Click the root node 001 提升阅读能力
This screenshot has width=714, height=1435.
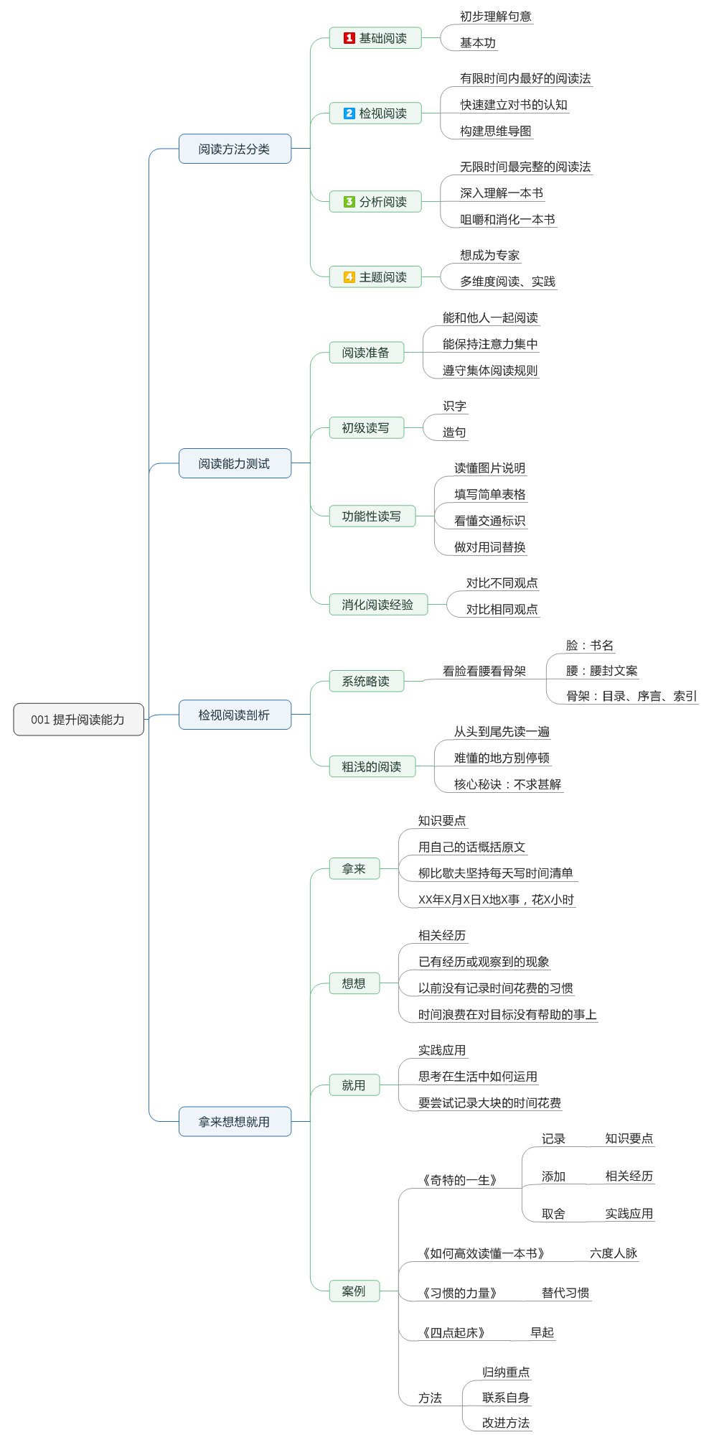pos(78,720)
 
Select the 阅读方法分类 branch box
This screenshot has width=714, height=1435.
pos(235,149)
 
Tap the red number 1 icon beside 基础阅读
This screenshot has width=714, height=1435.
pos(349,38)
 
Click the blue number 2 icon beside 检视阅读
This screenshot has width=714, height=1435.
pos(349,113)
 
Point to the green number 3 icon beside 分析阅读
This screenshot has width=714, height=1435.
pos(349,202)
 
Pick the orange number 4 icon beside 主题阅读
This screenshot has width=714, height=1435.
pos(349,277)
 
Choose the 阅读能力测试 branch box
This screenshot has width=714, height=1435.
pos(235,463)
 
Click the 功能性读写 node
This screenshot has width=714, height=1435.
pos(372,516)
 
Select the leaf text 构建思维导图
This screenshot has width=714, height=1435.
pos(496,131)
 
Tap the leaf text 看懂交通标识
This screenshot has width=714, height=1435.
pos(489,521)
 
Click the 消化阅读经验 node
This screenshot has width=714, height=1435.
pos(377,605)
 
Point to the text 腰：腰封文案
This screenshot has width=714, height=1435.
pos(601,671)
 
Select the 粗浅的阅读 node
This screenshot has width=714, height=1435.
pos(372,766)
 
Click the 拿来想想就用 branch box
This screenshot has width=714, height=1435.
pos(235,1121)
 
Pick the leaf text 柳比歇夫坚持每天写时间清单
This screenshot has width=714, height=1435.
pos(496,873)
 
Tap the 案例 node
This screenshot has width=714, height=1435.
pos(354,1291)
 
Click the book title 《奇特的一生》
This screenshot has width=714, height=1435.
pos(459,1180)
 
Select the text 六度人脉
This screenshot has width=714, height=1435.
pos(614,1253)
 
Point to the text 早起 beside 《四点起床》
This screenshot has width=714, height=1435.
pos(542,1332)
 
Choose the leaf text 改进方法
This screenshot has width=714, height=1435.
pos(506,1423)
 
